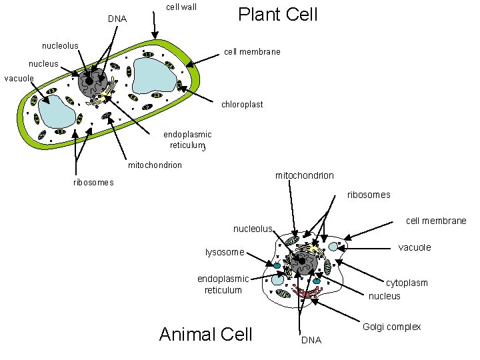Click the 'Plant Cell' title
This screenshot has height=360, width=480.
click(x=278, y=14)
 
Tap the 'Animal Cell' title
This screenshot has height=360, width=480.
click(x=206, y=333)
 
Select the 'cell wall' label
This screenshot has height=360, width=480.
click(x=181, y=8)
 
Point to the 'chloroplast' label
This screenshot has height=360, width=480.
click(x=242, y=105)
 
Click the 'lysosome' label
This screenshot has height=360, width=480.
click(x=225, y=252)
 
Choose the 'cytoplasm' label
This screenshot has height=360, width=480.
click(x=407, y=283)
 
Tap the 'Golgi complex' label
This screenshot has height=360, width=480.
click(x=391, y=327)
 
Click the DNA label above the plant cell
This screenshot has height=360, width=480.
click(x=117, y=19)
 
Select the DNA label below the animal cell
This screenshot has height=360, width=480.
click(x=311, y=340)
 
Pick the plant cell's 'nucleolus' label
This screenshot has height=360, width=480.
click(x=60, y=45)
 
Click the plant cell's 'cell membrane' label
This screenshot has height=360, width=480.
click(x=252, y=51)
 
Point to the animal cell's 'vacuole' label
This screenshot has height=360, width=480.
click(x=415, y=247)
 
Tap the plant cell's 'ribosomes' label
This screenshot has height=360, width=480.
click(x=93, y=183)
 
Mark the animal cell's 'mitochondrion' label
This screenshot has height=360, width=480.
click(x=305, y=175)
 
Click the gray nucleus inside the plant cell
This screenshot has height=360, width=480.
click(x=92, y=83)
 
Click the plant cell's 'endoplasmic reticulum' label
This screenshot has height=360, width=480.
click(x=187, y=139)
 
